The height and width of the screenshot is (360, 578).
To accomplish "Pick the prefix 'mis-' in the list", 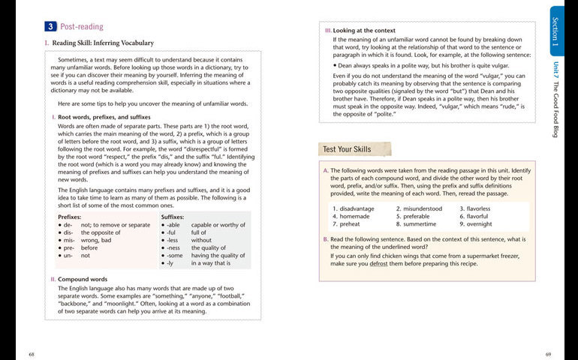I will coord(68,240).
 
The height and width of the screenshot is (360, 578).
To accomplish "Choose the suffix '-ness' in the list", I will coord(173,247).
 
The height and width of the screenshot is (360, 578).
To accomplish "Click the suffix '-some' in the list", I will coord(175,256).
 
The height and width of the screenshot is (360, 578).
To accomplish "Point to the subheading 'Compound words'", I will coord(84,279).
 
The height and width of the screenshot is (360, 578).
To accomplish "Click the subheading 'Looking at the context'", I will coord(363,30).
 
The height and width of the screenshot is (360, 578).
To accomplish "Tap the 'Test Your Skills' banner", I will coord(347,149).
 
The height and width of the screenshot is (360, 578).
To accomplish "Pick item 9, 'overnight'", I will coord(479,223).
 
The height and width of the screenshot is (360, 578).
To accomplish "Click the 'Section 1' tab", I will coord(555,31).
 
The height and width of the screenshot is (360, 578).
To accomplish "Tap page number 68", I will coord(32,353).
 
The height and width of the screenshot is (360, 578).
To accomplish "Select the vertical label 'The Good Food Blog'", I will coord(555,109).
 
